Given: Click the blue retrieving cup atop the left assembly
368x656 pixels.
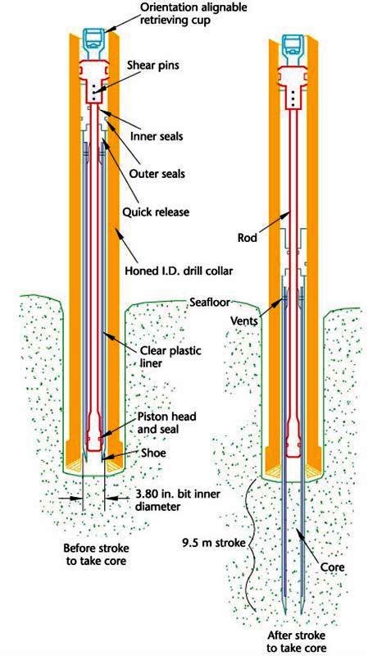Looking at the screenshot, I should point(95,40).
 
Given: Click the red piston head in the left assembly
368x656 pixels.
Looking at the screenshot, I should point(95,431).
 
